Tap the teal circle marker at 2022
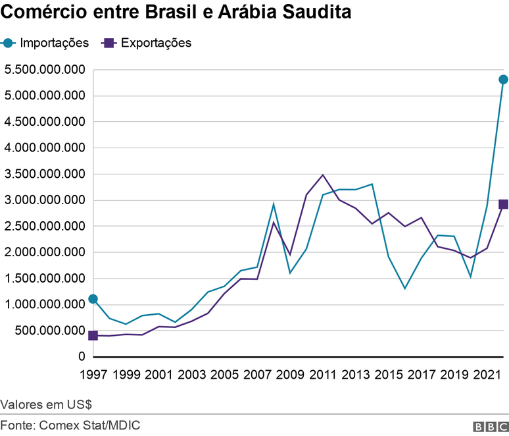503,80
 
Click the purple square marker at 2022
503,204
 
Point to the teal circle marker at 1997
93,299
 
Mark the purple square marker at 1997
93,335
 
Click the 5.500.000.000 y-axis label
44,70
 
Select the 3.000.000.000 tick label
44,200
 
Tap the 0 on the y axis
82,357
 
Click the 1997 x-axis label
93,375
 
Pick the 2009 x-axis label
290,375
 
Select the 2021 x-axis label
487,375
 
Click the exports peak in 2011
322,175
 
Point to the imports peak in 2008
274,204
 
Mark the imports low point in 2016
404,288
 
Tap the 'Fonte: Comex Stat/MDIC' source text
70,425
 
